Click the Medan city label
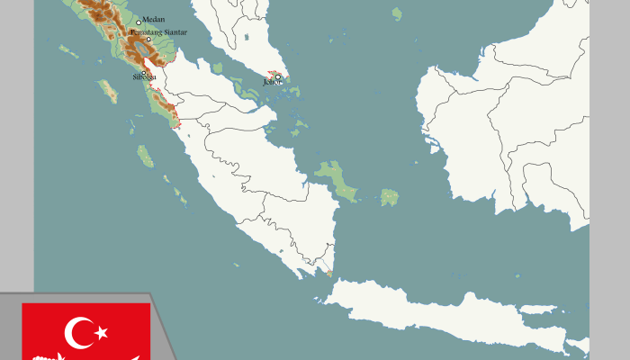pyautogui.click(x=154, y=19)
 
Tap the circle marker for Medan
pyautogui.click(x=139, y=22)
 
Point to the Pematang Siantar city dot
pyautogui.click(x=148, y=40)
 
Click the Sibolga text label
pyautogui.click(x=144, y=77)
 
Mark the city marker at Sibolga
pyautogui.click(x=143, y=72)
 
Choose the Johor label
pyautogui.click(x=271, y=82)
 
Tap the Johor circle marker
pyautogui.click(x=278, y=76)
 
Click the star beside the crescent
pyautogui.click(x=101, y=333)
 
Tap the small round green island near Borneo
pyautogui.click(x=390, y=196)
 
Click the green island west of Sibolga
pyautogui.click(x=108, y=90)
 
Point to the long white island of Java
pyautogui.click(x=450, y=315)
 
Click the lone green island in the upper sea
pyautogui.click(x=397, y=13)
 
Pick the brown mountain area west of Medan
pyautogui.click(x=99, y=11)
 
